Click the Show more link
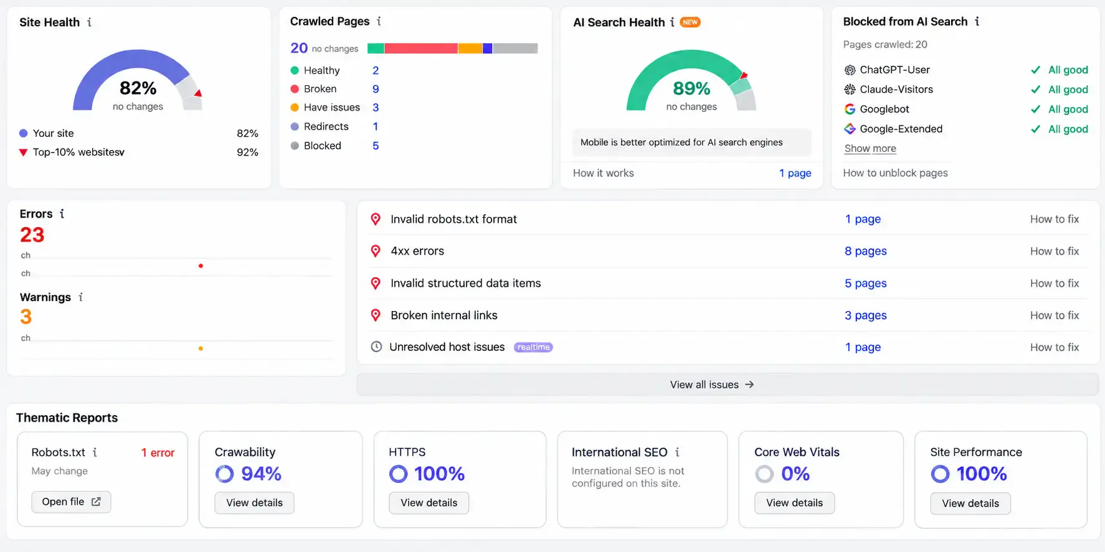click(870, 149)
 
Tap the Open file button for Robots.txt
click(71, 502)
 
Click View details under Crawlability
click(254, 503)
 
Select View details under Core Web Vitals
click(794, 503)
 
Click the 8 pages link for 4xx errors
click(865, 251)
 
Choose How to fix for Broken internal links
click(1054, 316)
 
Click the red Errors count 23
click(32, 235)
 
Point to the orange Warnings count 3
click(26, 317)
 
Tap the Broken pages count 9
click(376, 89)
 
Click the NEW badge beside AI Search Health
click(690, 22)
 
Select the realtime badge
click(533, 347)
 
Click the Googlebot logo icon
click(850, 110)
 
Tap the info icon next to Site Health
click(90, 22)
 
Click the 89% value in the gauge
click(691, 88)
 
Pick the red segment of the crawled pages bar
click(421, 49)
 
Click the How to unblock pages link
click(895, 173)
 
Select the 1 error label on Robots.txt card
click(158, 453)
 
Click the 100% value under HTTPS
click(439, 474)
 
